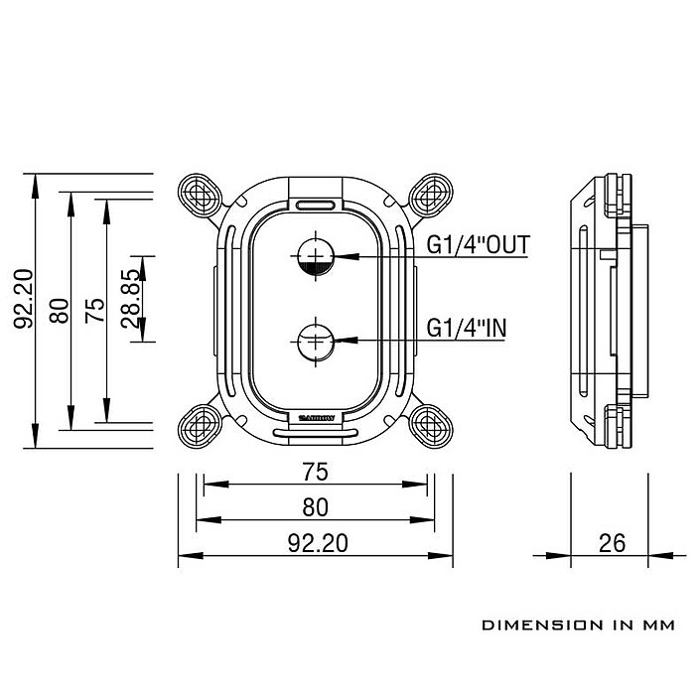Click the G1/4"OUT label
tap(478, 244)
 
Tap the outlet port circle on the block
tap(315, 255)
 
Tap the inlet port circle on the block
tap(315, 340)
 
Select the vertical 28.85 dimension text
tap(129, 298)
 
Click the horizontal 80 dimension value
tap(314, 506)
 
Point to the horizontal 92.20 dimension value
tap(314, 542)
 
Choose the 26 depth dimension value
tap(613, 542)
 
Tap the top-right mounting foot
tap(430, 193)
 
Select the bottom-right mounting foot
tap(430, 425)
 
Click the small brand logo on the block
tap(315, 418)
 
